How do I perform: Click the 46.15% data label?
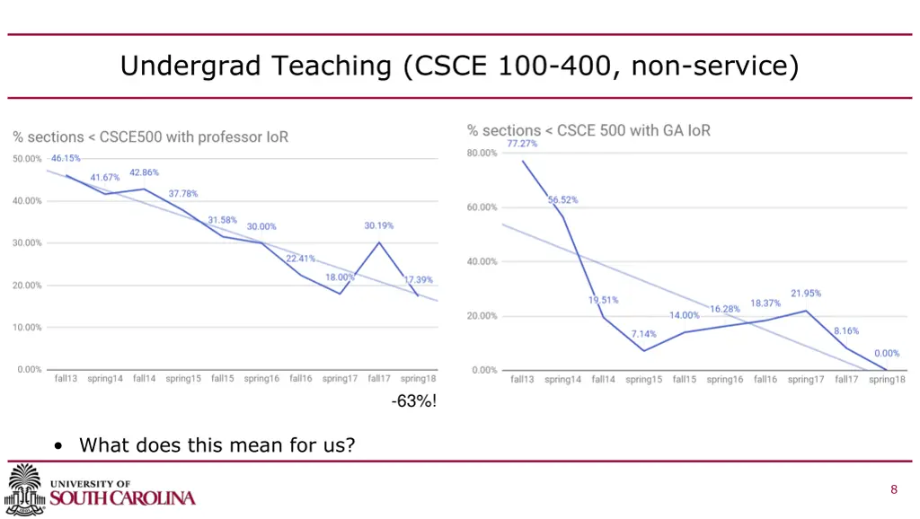click(66, 158)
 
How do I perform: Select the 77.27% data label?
click(523, 144)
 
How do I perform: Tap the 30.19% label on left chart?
click(378, 225)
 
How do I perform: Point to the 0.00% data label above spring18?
click(887, 354)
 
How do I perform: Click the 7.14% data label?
click(643, 334)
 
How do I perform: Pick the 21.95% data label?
click(806, 294)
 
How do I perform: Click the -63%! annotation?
click(414, 401)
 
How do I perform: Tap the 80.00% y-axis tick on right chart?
click(482, 154)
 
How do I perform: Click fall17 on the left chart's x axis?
click(379, 379)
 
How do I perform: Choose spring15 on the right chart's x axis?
click(644, 380)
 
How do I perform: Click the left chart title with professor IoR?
click(151, 137)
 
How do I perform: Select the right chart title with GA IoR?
click(588, 130)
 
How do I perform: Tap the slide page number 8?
click(894, 489)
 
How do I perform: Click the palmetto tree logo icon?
click(25, 489)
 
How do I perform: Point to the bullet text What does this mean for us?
click(217, 444)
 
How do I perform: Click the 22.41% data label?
click(301, 259)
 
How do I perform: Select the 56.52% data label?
click(563, 200)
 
